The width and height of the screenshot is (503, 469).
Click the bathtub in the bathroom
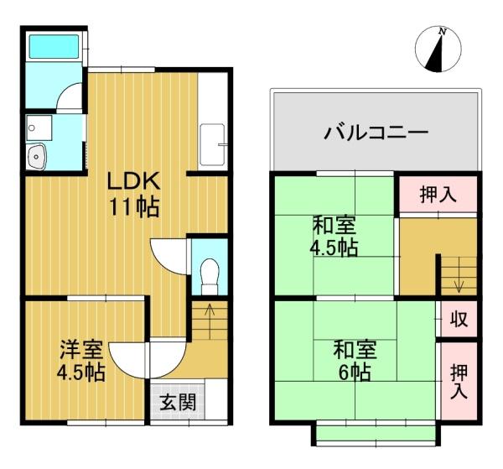pos(54,46)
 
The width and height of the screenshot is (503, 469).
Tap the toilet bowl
pos(209,276)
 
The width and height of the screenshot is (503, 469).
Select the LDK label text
pos(133,181)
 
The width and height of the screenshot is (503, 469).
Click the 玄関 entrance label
pos(178,402)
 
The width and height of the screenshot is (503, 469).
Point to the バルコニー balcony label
pos(376,133)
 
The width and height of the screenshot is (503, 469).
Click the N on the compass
pos(443,31)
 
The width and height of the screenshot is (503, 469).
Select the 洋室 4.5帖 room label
pos(81,361)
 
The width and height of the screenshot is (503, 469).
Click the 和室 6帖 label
pos(355,361)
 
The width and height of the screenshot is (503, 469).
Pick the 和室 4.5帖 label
pos(334,237)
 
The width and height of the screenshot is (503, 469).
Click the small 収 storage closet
pos(459,319)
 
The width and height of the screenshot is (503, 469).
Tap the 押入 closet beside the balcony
pos(438,195)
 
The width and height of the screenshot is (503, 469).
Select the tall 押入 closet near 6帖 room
pos(459,382)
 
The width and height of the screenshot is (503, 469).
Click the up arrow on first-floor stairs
pos(210,320)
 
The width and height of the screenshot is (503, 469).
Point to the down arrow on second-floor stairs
pos(459,275)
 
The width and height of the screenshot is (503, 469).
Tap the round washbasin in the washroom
pos(36,157)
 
